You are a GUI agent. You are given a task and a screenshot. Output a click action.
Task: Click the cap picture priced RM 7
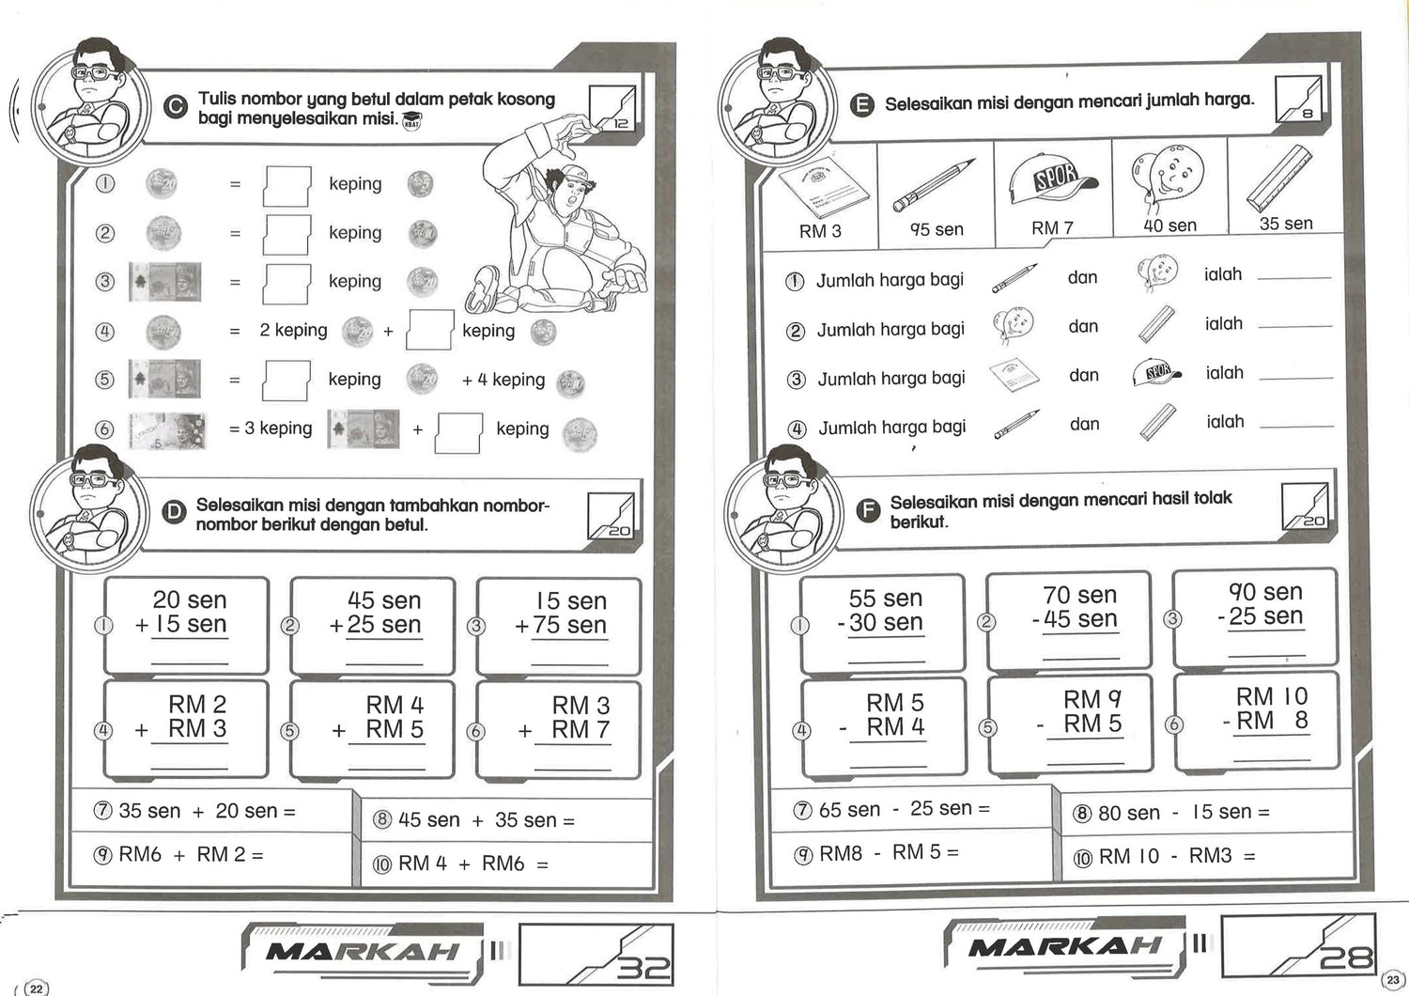coord(1052,181)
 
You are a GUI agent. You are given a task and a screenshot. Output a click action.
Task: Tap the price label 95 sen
coord(937,229)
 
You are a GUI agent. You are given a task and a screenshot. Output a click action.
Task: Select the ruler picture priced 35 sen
coord(1278,178)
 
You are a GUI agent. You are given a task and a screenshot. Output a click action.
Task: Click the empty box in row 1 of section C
coord(286,185)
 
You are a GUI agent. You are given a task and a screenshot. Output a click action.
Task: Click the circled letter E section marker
coord(861,104)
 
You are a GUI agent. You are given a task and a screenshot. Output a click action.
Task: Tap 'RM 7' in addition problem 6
coord(581,729)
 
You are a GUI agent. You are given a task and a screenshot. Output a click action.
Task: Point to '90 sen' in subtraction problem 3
coord(1265,592)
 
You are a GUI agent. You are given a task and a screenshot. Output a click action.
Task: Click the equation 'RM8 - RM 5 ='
coord(889,853)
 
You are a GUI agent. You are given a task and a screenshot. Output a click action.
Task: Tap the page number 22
coord(37,988)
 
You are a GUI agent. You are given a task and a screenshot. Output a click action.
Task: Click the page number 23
coord(1392,980)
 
